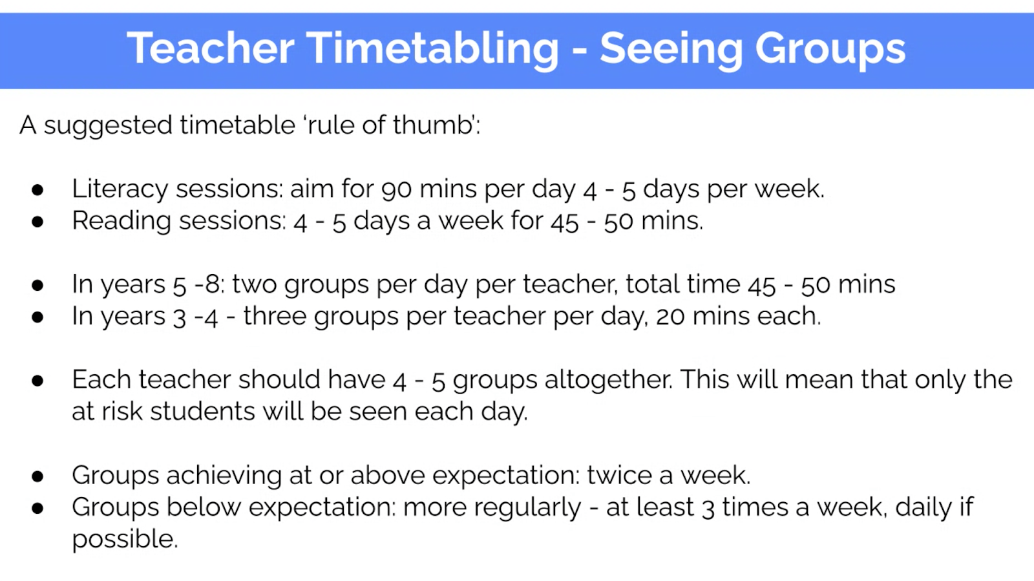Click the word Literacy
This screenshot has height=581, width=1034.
click(x=120, y=189)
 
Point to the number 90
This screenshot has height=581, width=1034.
click(x=397, y=189)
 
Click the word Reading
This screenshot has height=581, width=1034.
click(x=121, y=221)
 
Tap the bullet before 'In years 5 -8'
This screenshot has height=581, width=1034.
click(x=37, y=285)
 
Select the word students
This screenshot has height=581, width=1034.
click(x=202, y=411)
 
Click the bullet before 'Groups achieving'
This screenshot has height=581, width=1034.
click(x=37, y=476)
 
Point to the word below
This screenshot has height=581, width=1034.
click(x=204, y=507)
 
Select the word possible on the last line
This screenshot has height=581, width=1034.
click(x=125, y=540)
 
